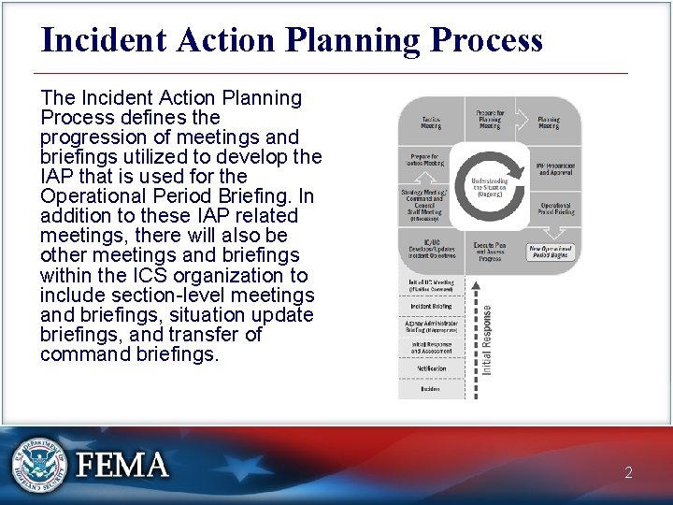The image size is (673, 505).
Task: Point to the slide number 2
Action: [628, 472]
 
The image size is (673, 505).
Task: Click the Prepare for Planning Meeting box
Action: [490, 118]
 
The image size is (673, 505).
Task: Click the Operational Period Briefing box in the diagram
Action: [555, 209]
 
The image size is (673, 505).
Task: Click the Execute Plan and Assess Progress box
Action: [490, 252]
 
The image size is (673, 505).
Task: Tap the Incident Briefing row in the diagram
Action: [430, 306]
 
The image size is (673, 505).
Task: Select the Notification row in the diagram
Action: [430, 368]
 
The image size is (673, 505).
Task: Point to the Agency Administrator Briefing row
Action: [430, 326]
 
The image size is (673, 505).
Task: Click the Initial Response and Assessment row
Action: [430, 347]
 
